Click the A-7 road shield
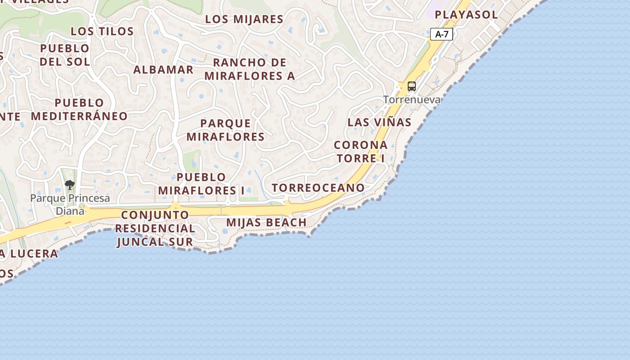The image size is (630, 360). click(441, 34)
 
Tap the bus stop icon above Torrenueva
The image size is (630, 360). click(411, 86)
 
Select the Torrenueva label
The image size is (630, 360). click(412, 99)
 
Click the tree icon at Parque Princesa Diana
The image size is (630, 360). click(69, 184)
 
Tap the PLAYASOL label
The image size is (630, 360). click(466, 14)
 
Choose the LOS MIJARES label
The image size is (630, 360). click(244, 19)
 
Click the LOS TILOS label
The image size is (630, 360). click(102, 31)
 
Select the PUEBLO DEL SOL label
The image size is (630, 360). click(65, 55)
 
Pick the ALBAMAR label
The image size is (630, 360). click(163, 70)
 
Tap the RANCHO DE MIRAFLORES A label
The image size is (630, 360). click(250, 69)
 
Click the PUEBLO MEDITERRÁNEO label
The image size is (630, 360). click(79, 109)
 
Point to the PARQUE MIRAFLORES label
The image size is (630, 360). click(225, 130)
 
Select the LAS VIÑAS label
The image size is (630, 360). click(379, 122)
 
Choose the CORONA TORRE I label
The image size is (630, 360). click(360, 152)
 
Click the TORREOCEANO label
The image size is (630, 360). click(318, 188)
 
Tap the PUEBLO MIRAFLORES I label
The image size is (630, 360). click(201, 184)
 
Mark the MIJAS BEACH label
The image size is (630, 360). click(266, 222)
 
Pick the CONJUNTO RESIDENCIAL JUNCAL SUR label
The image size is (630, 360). click(155, 228)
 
